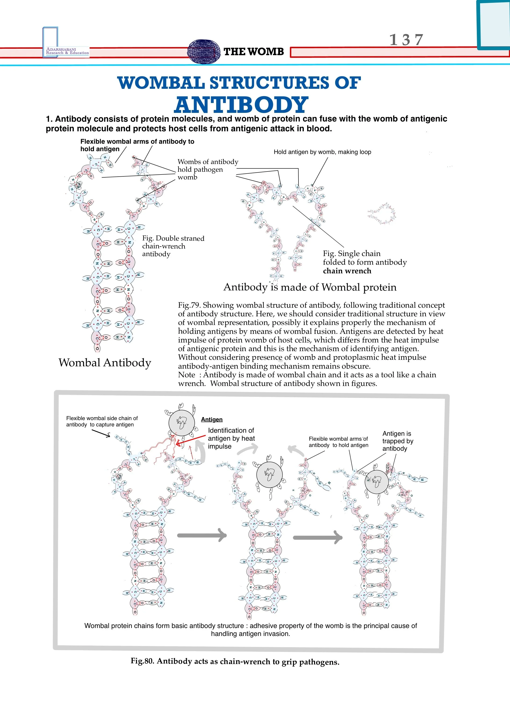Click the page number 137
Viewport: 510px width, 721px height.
point(406,40)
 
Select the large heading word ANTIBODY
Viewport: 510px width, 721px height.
point(241,105)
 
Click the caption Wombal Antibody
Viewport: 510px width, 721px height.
point(105,363)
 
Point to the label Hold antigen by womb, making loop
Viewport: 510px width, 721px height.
point(322,152)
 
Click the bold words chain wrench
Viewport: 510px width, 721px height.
point(347,271)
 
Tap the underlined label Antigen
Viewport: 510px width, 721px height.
point(212,420)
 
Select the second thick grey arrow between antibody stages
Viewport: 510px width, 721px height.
point(317,538)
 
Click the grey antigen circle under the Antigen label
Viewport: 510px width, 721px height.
point(181,423)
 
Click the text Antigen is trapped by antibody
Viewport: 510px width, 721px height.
point(398,441)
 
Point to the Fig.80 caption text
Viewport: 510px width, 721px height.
point(235,662)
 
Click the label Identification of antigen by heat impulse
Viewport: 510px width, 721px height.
point(231,438)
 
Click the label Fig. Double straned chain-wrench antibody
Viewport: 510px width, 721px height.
point(173,246)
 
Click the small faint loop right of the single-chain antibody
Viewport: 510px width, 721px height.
point(382,214)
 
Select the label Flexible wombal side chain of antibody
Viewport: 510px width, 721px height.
point(102,421)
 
